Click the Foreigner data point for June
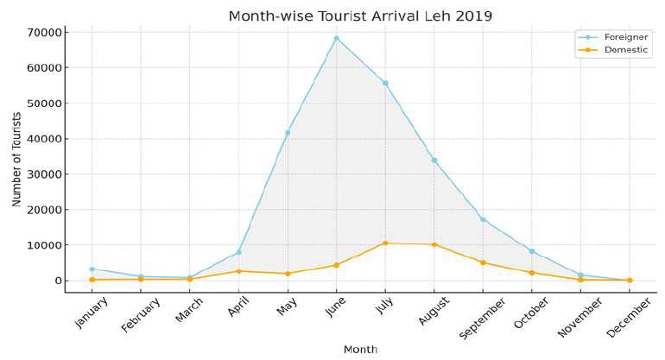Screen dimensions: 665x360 336,39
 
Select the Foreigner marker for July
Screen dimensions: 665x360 385,83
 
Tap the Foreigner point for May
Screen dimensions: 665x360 288,133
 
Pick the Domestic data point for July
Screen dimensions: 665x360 385,243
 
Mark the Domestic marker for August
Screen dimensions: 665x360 434,244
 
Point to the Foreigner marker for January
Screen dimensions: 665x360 92,268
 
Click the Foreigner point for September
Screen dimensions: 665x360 483,219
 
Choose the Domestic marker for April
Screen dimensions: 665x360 238,271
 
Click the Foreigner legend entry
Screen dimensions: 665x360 613,37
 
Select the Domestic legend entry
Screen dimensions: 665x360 613,49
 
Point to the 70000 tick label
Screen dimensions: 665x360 45,32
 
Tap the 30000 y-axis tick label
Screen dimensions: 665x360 45,174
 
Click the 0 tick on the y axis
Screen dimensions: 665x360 58,281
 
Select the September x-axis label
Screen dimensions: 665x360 483,318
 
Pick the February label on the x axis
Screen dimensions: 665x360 141,314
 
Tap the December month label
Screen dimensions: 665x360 629,317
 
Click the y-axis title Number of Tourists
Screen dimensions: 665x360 16,160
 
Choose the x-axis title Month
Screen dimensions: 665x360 360,350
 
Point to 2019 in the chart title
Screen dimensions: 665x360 474,16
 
